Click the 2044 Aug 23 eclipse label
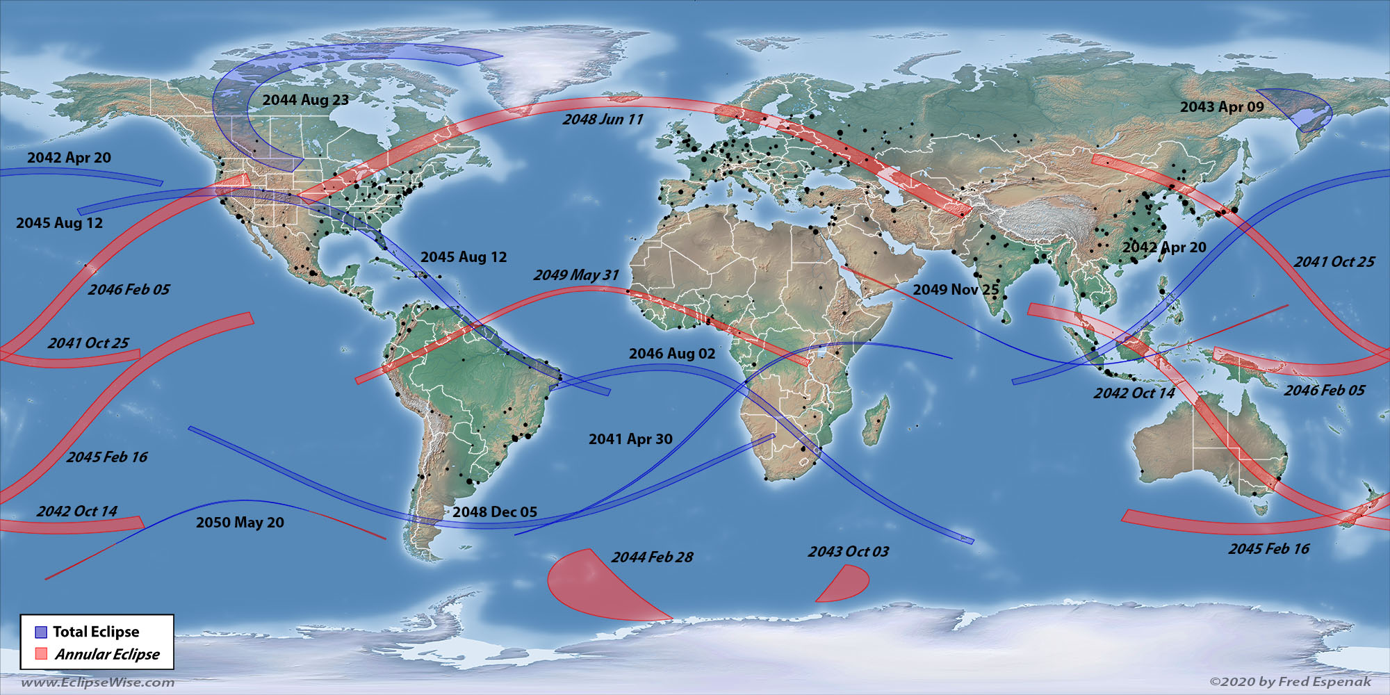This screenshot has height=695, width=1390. tap(306, 100)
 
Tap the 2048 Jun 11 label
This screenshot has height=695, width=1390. tap(603, 120)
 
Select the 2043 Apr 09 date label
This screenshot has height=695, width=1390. tap(1222, 107)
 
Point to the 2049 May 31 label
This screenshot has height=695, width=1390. tap(576, 275)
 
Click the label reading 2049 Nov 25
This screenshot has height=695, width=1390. tap(956, 290)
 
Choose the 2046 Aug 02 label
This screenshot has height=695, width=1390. tap(672, 354)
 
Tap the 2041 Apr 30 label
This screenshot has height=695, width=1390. tap(630, 439)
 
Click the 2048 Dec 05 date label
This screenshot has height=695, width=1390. tap(495, 512)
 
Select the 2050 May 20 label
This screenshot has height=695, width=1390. tap(240, 523)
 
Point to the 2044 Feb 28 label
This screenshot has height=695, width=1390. tap(652, 557)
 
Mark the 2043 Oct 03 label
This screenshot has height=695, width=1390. tap(848, 552)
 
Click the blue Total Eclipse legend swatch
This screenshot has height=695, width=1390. tap(41, 632)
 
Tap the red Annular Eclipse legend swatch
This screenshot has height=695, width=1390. tap(41, 654)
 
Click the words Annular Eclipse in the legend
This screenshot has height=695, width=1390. tap(108, 654)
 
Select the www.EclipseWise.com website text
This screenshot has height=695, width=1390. tap(98, 682)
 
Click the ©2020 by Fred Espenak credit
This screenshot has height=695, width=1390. tap(1291, 682)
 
